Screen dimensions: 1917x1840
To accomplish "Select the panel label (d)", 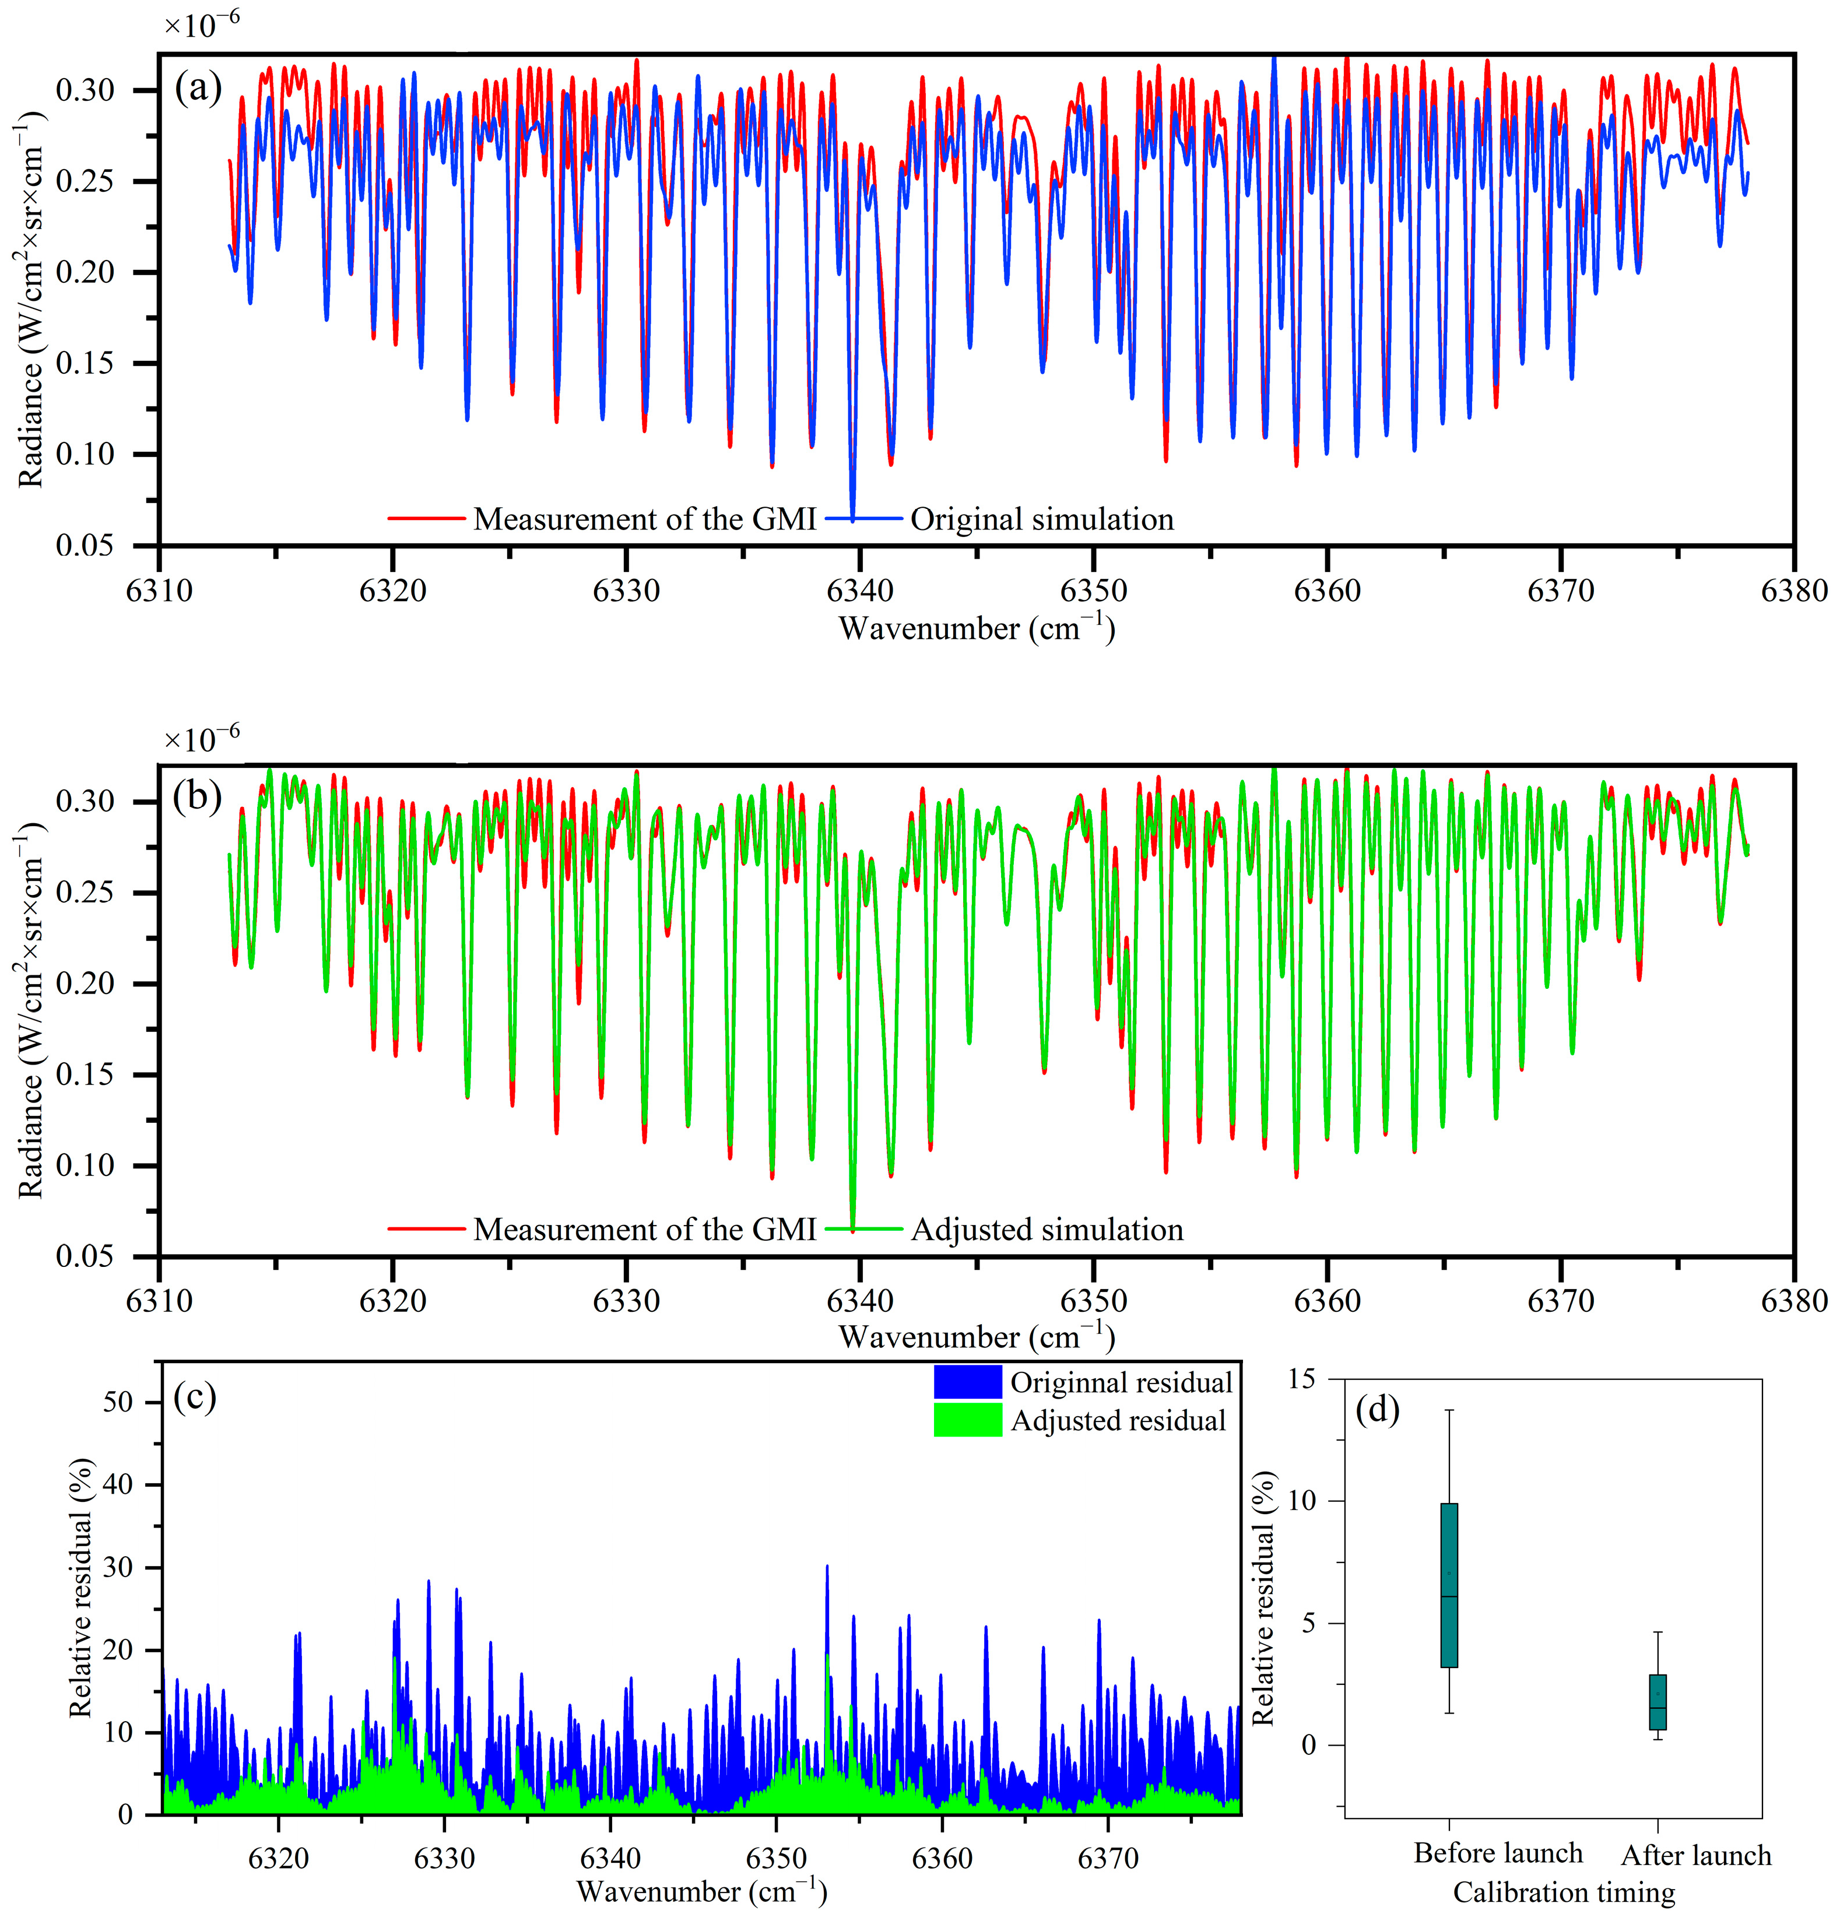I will tap(1377, 1409).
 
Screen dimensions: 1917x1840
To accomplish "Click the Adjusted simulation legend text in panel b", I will tap(1046, 1230).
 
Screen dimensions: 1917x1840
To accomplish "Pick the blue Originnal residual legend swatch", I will tap(967, 1382).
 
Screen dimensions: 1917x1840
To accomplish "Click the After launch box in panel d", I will tap(1657, 1702).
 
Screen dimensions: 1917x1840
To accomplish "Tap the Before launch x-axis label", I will tap(1498, 1852).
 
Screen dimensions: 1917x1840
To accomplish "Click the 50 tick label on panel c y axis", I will tap(117, 1403).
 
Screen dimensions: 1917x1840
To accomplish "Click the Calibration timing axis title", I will tap(1563, 1891).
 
